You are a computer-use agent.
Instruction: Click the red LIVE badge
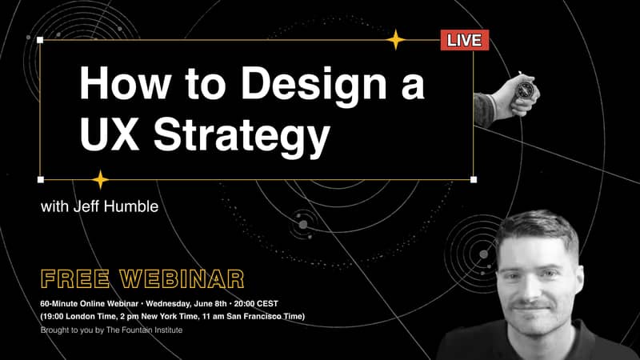[x=465, y=40]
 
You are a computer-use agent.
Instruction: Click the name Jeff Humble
[x=116, y=206]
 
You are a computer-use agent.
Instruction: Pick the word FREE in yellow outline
[x=75, y=278]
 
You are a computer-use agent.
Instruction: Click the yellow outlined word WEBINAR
[x=182, y=278]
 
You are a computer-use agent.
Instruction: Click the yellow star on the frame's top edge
[x=395, y=39]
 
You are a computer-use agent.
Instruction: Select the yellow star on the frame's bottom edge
[x=100, y=179]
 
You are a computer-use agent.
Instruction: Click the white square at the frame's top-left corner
[x=40, y=39]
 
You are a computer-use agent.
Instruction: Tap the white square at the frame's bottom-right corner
[x=474, y=179]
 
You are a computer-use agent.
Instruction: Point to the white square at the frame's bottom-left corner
[x=41, y=179]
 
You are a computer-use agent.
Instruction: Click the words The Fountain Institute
[x=144, y=330]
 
